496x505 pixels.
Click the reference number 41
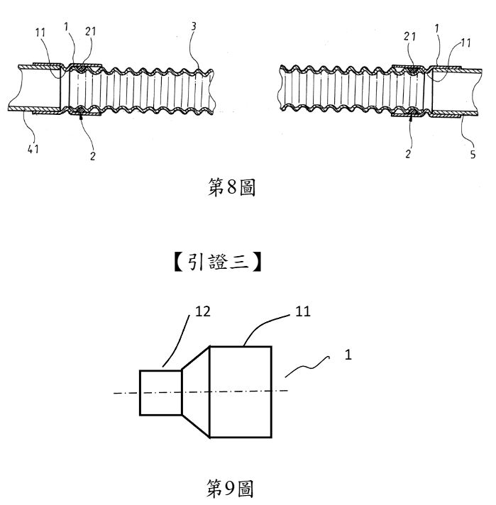pyautogui.click(x=33, y=149)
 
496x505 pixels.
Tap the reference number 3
pyautogui.click(x=194, y=26)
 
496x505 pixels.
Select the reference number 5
pyautogui.click(x=473, y=155)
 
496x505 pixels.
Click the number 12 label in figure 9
pyautogui.click(x=203, y=311)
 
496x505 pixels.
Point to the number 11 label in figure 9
pyautogui.click(x=302, y=311)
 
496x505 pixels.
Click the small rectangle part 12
pyautogui.click(x=160, y=393)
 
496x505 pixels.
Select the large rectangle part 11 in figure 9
pyautogui.click(x=241, y=392)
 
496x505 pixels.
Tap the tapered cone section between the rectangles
pyautogui.click(x=196, y=392)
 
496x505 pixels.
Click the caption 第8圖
pyautogui.click(x=231, y=187)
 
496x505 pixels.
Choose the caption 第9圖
pyautogui.click(x=229, y=488)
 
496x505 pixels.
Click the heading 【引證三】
pyautogui.click(x=218, y=262)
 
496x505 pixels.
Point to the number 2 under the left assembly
pyautogui.click(x=93, y=156)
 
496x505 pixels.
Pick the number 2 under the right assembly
pyautogui.click(x=408, y=154)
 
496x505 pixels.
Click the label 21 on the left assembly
pyautogui.click(x=91, y=31)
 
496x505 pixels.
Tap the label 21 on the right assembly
pyautogui.click(x=409, y=36)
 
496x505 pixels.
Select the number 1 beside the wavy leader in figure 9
pyautogui.click(x=348, y=355)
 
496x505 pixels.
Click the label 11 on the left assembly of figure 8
pyautogui.click(x=40, y=33)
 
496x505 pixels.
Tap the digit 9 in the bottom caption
pyautogui.click(x=229, y=489)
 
